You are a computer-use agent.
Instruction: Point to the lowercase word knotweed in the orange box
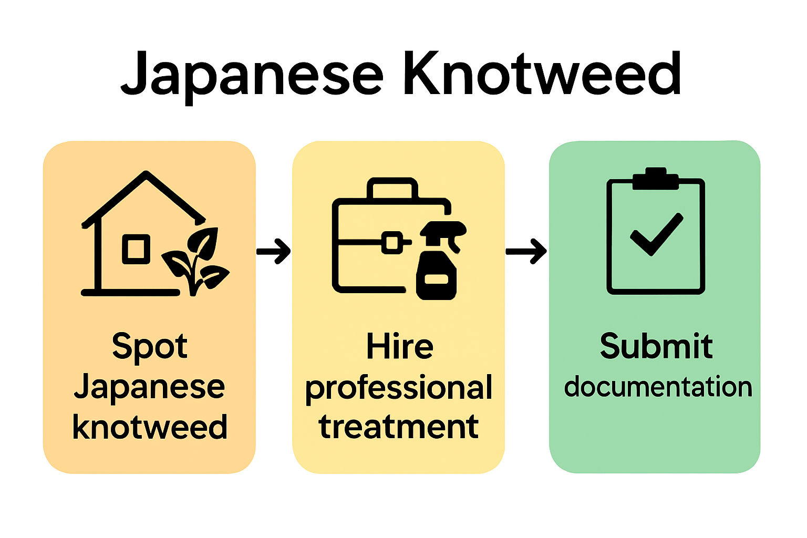pyautogui.click(x=150, y=427)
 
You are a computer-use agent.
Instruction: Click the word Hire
pyautogui.click(x=399, y=347)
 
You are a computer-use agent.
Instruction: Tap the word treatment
pyautogui.click(x=399, y=427)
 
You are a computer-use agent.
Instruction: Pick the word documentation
pyautogui.click(x=658, y=387)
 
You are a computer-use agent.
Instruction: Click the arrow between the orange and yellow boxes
pyautogui.click(x=274, y=251)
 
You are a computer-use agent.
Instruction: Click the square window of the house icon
pyautogui.click(x=136, y=249)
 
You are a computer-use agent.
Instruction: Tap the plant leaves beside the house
pyautogui.click(x=197, y=260)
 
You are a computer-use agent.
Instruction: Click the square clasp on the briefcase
pyautogui.click(x=392, y=243)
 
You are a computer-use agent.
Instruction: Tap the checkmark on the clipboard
pyautogui.click(x=656, y=235)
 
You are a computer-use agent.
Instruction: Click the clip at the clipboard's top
pyautogui.click(x=656, y=178)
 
